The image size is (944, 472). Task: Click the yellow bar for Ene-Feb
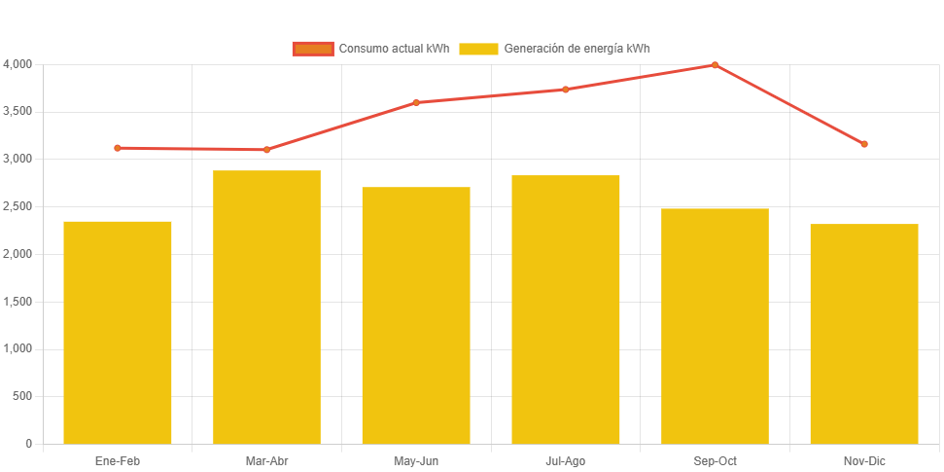[118, 332]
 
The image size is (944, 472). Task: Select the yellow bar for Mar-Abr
[266, 307]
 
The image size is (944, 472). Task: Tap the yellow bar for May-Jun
[416, 315]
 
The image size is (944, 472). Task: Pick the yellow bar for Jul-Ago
[565, 309]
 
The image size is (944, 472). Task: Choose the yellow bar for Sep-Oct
[715, 326]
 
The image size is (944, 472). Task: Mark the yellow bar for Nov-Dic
[863, 334]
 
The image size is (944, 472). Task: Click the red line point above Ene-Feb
[118, 148]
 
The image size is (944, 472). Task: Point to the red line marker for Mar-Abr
[266, 150]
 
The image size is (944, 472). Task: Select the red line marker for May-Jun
[416, 102]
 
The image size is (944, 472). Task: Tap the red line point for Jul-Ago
[565, 90]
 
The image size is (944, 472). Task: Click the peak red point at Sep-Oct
[715, 65]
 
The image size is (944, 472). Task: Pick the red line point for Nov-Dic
[863, 144]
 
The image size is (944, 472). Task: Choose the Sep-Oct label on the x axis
[715, 460]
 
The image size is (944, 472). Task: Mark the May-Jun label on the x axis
[416, 460]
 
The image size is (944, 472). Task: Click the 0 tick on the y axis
[29, 444]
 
